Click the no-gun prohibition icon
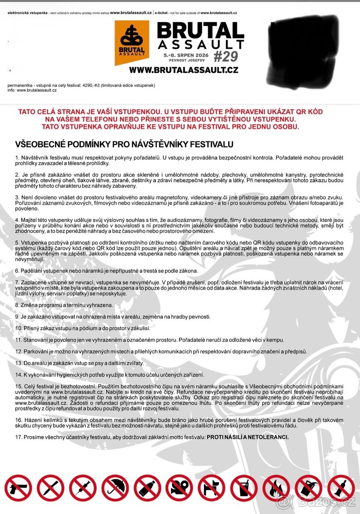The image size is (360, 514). tap(18, 488)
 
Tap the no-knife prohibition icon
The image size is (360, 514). tap(51, 488)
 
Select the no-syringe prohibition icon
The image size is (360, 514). tap(83, 488)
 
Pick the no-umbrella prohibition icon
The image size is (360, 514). tap(115, 488)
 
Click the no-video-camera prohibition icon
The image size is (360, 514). tap(180, 488)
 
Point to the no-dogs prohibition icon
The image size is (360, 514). tap(212, 488)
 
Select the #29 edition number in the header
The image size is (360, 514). tap(225, 56)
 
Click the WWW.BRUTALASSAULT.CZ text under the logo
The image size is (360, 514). tap(183, 70)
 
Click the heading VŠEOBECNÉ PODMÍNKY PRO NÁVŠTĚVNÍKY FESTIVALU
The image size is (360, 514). tap(124, 144)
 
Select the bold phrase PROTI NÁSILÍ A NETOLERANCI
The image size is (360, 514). tap(248, 437)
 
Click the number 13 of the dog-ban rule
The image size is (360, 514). tap(18, 363)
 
